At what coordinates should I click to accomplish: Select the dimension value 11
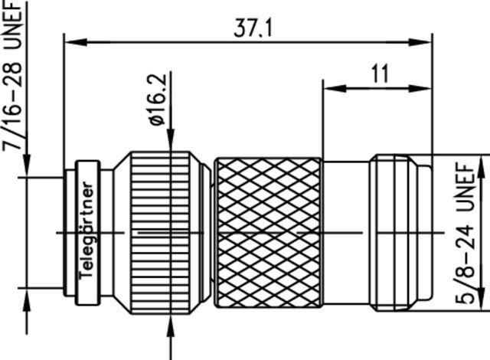click(x=379, y=74)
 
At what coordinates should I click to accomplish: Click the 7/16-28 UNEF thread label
click(x=13, y=77)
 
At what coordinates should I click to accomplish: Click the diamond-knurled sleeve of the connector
click(x=268, y=231)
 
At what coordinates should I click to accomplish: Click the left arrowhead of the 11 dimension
click(x=328, y=88)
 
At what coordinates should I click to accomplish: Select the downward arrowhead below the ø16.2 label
click(x=170, y=146)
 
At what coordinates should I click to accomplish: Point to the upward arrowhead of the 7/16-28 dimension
click(x=26, y=296)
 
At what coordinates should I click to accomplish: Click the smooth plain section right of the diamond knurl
click(x=346, y=231)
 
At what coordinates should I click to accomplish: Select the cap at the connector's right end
click(x=398, y=231)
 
